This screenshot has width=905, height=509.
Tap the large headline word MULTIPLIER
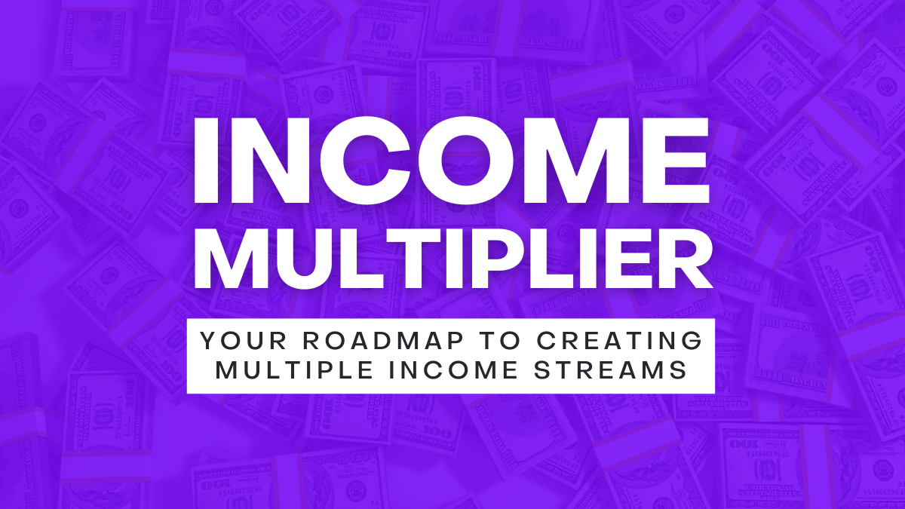(x=452, y=259)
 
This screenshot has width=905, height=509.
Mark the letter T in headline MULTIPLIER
(x=409, y=259)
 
